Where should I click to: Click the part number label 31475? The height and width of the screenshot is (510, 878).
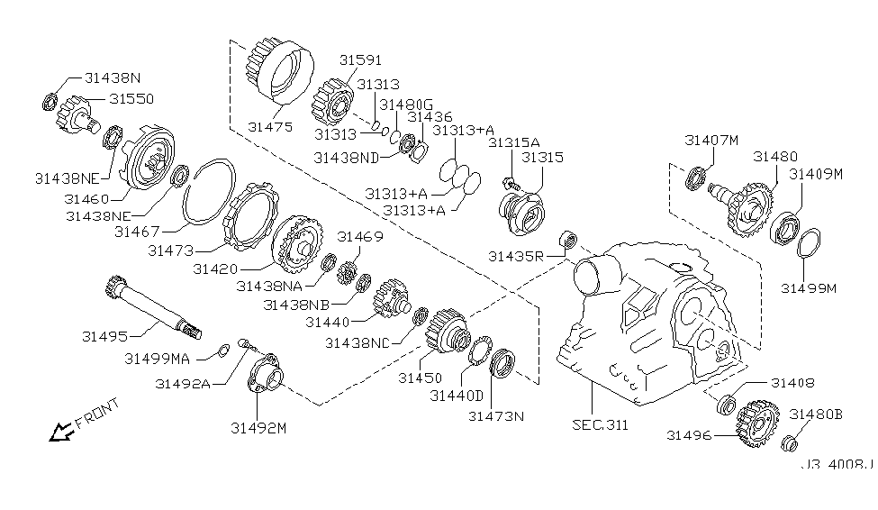click(x=270, y=127)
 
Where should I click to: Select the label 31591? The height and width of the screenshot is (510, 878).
click(x=361, y=60)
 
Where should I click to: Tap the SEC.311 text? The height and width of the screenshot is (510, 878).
click(x=601, y=423)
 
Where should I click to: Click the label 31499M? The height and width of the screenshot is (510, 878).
click(x=809, y=289)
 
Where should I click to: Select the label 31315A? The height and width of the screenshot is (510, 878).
click(x=514, y=142)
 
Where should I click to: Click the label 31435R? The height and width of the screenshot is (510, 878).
click(x=516, y=257)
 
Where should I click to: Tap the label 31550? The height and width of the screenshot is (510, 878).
click(x=131, y=97)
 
